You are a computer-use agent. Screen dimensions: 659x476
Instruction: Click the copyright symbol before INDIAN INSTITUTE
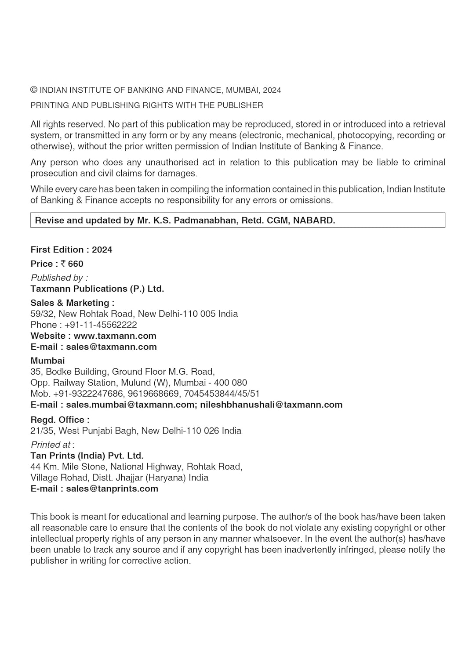point(34,90)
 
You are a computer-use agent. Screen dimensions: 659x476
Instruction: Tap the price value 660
point(76,264)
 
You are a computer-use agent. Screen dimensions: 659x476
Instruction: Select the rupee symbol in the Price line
point(63,264)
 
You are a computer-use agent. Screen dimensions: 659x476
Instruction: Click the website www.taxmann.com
point(115,336)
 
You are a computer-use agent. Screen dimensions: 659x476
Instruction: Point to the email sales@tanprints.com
point(112,489)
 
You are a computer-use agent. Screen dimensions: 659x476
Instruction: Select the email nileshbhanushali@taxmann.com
point(271,405)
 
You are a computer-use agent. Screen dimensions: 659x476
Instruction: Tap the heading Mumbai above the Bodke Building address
point(47,360)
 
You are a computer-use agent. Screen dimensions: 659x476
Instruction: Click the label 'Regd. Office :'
point(60,420)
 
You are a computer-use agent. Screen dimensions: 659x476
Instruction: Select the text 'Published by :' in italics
point(59,278)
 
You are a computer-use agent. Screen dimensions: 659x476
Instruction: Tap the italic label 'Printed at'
point(51,445)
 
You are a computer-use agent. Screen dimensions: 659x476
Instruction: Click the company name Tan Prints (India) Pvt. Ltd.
point(87,456)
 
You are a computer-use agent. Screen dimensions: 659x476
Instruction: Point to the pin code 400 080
point(230,383)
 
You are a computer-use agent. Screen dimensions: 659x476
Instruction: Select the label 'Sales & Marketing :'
point(73,303)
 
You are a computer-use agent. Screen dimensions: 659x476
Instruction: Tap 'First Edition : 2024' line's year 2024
point(102,250)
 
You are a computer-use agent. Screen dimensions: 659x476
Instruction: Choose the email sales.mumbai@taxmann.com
point(129,405)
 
